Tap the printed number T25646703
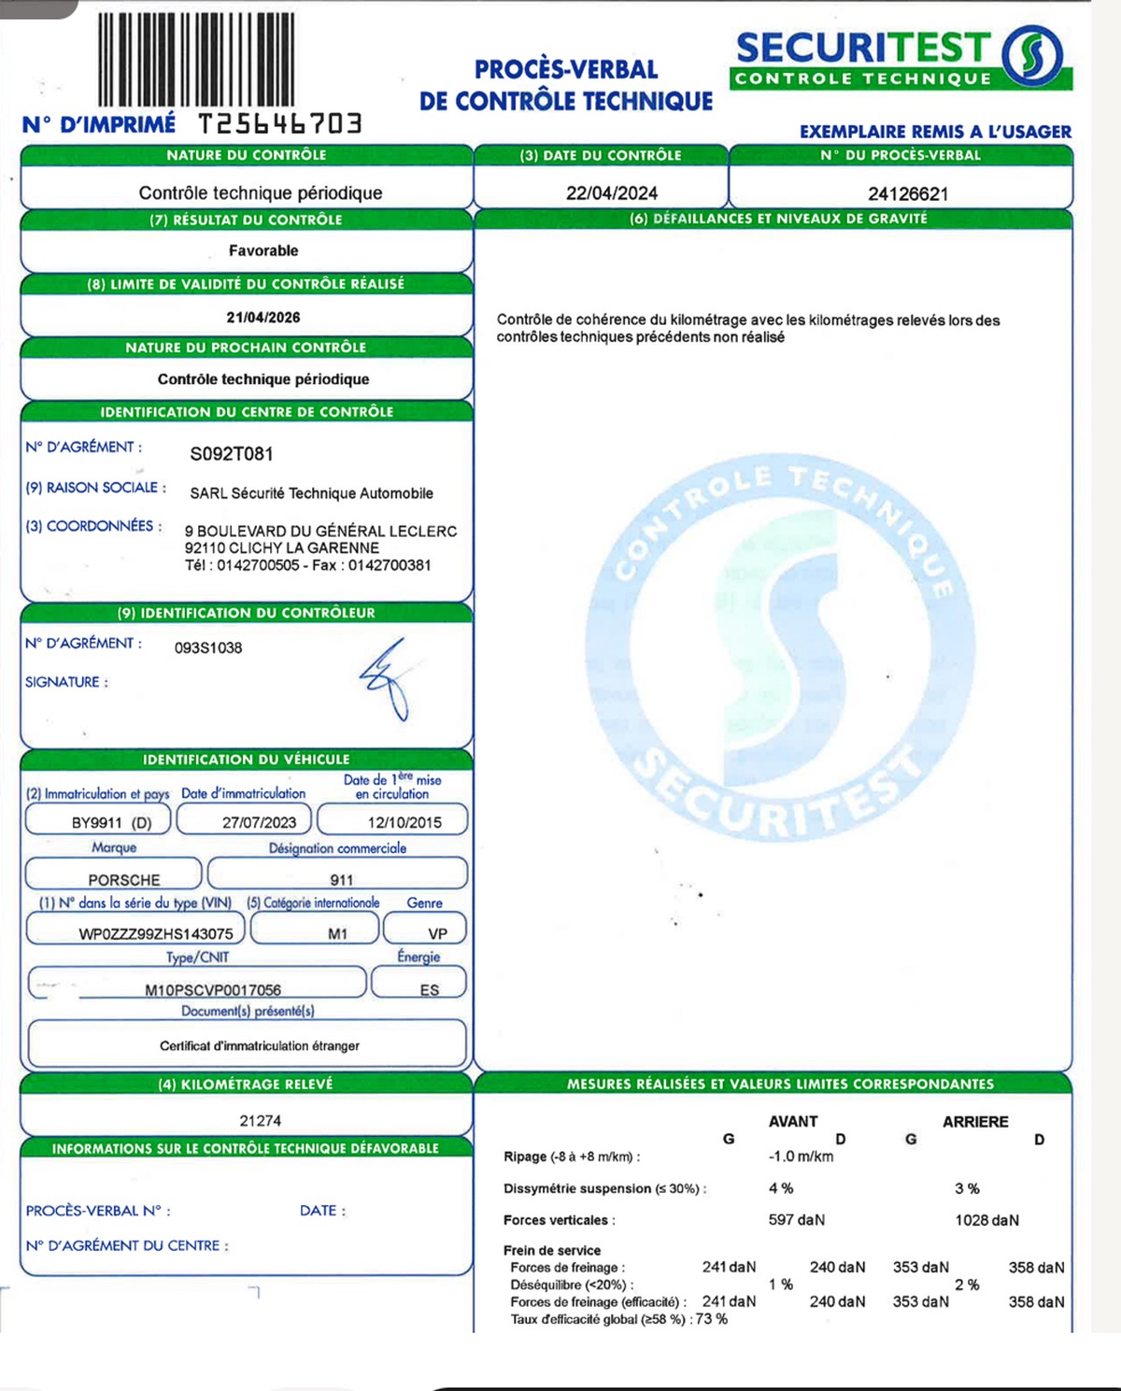point(279,123)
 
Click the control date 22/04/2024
point(612,193)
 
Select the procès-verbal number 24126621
point(908,194)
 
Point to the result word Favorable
point(263,250)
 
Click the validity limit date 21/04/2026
point(263,318)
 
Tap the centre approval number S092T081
point(232,454)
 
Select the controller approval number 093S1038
point(208,647)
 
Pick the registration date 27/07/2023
point(259,823)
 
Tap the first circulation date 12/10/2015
point(404,823)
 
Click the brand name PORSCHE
point(124,880)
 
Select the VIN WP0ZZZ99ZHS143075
point(156,934)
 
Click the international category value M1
point(337,934)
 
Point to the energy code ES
point(429,990)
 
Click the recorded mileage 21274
point(260,1121)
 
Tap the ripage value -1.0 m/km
point(801,1157)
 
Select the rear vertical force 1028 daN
point(986,1220)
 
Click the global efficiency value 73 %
point(711,1319)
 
